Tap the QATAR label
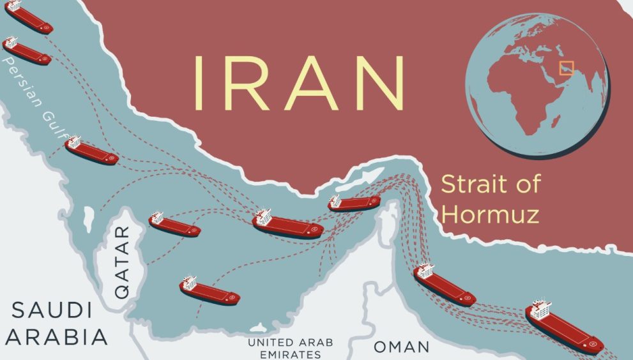tap(121, 261)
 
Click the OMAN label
tap(400, 347)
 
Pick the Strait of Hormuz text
tap(491, 199)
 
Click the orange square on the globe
tap(566, 68)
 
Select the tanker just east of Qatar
tap(174, 225)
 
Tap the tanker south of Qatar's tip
tap(209, 290)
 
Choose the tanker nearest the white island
tap(354, 203)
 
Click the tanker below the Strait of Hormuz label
tap(444, 285)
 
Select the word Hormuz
tap(491, 213)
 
